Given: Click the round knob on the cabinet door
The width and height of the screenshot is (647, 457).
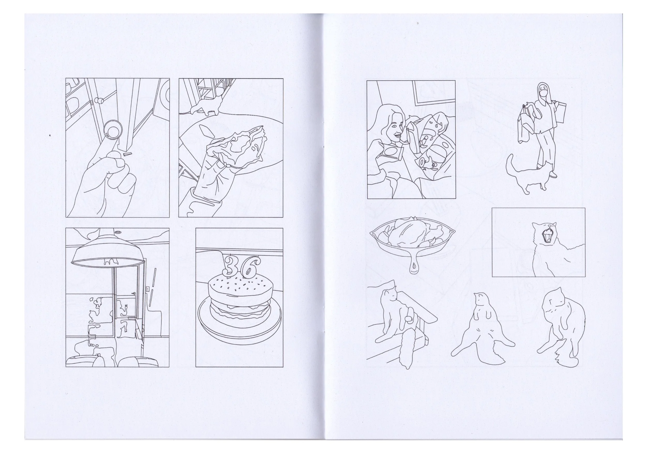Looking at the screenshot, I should click(99, 100).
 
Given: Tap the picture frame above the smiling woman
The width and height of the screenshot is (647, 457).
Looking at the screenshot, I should click(434, 94).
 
